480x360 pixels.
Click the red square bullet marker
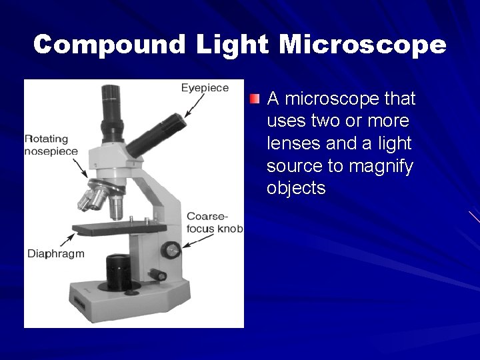click(x=255, y=99)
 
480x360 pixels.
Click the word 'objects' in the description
click(x=296, y=189)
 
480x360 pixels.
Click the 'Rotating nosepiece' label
click(x=51, y=145)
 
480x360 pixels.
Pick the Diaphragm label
click(x=56, y=254)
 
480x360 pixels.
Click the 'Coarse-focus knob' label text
click(x=214, y=223)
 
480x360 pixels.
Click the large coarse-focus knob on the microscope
click(x=171, y=250)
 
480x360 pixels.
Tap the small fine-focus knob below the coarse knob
click(x=158, y=275)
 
